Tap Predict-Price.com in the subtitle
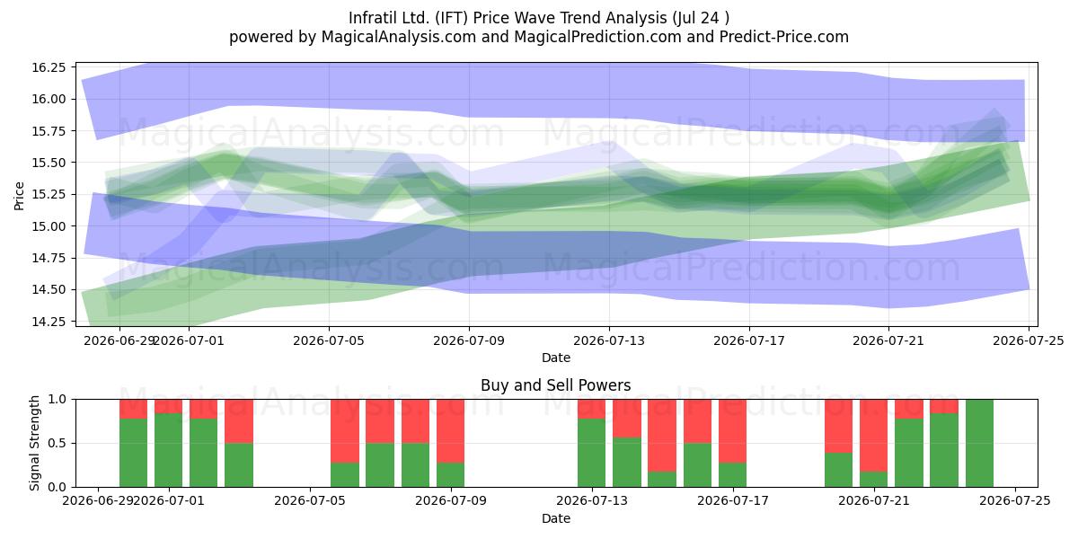783,37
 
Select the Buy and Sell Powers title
555,385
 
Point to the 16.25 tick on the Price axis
49,67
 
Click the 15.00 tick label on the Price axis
49,226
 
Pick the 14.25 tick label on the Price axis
49,322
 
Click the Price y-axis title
19,197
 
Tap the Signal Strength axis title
34,443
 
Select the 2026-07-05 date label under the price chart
329,340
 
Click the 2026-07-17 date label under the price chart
749,340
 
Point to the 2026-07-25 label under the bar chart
1015,501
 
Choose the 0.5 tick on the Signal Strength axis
57,443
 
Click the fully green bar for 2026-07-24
979,443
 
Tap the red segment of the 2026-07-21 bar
873,436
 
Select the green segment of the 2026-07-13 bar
591,453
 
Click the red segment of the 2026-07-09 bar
450,431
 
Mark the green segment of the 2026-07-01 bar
169,450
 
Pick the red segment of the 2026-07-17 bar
732,431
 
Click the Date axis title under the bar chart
556,518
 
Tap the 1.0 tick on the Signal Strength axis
57,399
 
